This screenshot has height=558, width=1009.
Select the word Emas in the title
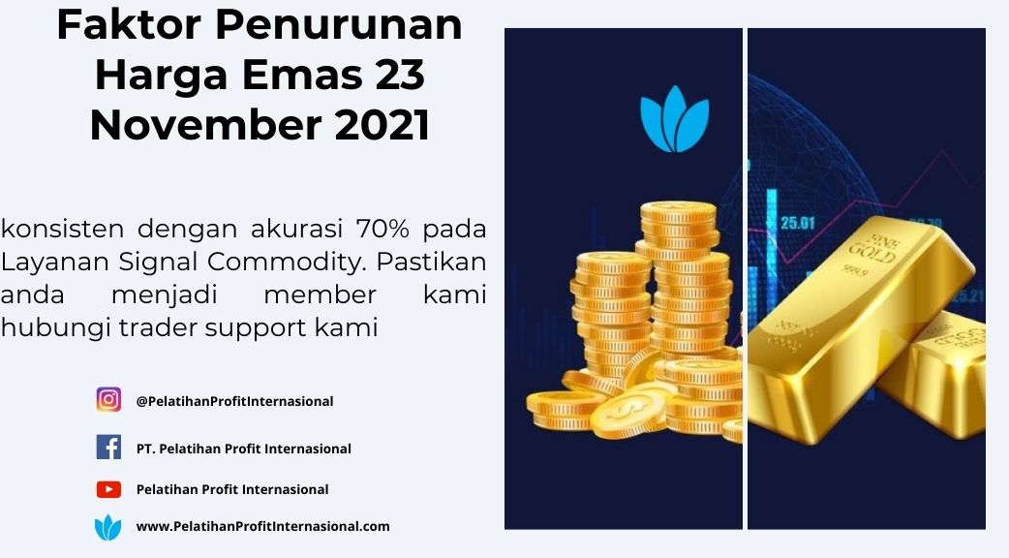300,75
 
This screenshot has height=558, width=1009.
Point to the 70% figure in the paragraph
382,229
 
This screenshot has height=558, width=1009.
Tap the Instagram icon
108,400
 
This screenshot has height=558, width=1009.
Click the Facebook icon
108,447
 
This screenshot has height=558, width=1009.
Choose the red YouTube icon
108,490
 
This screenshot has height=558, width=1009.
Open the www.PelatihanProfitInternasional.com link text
262,526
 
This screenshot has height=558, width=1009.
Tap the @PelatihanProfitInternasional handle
234,401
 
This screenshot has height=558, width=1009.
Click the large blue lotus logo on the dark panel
674,119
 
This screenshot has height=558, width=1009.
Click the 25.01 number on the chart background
797,224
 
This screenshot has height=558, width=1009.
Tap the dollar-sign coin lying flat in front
628,411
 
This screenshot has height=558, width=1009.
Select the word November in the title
205,125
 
